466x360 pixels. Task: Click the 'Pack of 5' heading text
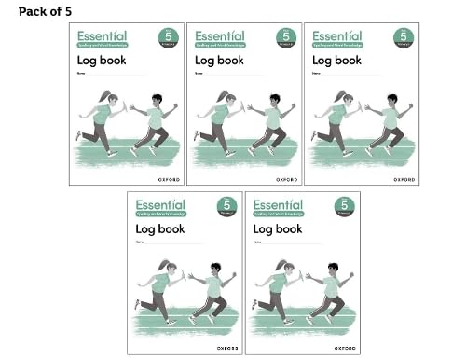point(44,10)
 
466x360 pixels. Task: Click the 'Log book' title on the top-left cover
point(102,61)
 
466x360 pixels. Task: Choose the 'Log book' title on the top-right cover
point(336,61)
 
